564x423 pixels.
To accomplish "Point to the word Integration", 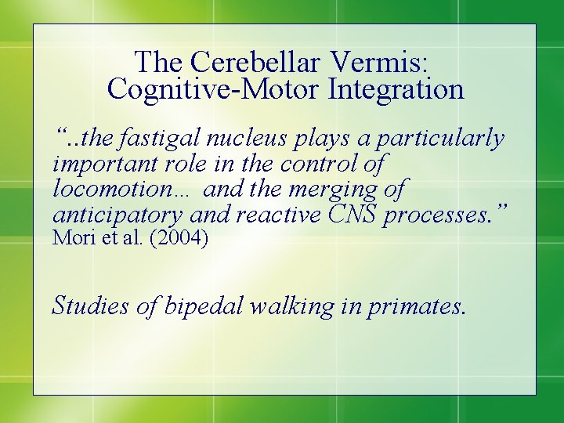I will tap(396, 89).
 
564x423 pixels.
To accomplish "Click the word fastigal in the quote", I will tap(164, 139).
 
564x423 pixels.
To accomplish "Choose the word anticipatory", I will tap(115, 214).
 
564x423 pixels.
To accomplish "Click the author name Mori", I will tap(69, 238).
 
